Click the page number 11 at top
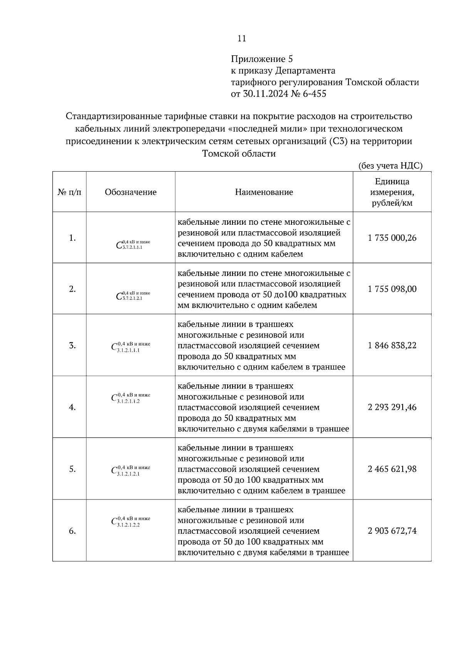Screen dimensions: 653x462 pos(242,38)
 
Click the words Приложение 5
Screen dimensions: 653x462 pos(262,59)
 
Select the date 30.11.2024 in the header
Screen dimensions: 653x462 pos(265,94)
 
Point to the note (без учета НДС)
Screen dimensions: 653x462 pos(390,166)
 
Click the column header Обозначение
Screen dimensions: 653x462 pos(131,192)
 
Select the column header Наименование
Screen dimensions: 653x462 pos(264,192)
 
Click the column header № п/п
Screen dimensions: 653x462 pos(69,192)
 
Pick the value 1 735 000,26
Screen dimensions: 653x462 pos(392,238)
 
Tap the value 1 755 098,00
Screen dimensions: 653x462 pos(392,289)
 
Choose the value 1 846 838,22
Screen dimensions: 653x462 pos(392,345)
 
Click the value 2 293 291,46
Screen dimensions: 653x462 pos(392,407)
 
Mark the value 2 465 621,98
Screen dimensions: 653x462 pos(392,469)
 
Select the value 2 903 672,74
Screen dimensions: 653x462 pos(392,531)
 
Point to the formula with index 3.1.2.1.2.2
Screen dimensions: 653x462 pos(131,522)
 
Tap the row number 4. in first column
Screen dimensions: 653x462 pos(72,407)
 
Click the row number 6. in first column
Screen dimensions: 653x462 pos(72,531)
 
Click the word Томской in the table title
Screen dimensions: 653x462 pos(220,154)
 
